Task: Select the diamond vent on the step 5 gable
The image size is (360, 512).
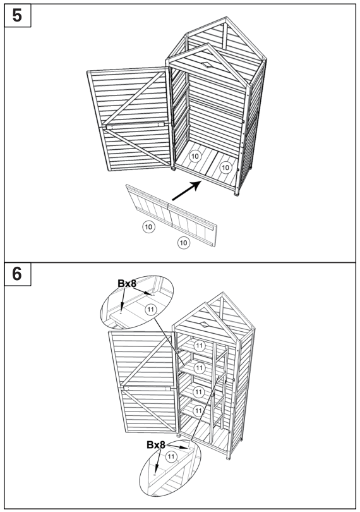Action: click(x=207, y=65)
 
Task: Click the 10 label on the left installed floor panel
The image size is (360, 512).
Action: click(x=195, y=155)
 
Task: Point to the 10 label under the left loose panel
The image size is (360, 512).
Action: click(x=148, y=225)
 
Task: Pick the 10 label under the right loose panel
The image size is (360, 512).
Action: click(x=183, y=242)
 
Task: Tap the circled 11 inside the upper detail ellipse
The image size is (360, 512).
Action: click(x=150, y=309)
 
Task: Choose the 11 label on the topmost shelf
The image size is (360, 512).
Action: click(x=199, y=345)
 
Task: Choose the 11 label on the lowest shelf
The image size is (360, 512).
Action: click(x=200, y=410)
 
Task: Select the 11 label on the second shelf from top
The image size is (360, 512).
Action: click(x=200, y=367)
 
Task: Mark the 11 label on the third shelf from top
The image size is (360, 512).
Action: click(x=200, y=391)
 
